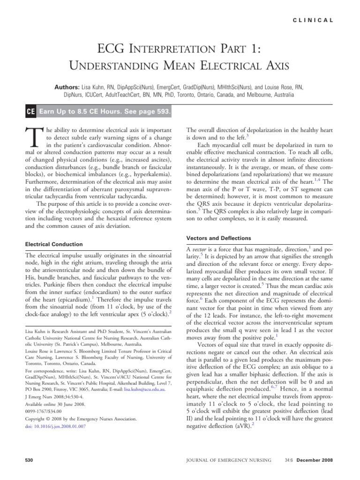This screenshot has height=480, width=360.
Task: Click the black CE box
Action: tap(30, 112)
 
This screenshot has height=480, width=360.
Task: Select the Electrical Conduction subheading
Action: tap(53, 244)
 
